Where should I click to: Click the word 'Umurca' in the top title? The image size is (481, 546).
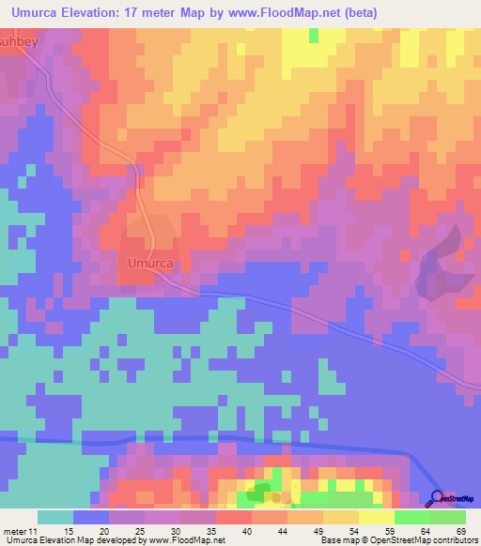pyautogui.click(x=41, y=12)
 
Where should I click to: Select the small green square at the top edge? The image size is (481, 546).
pyautogui.click(x=313, y=35)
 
